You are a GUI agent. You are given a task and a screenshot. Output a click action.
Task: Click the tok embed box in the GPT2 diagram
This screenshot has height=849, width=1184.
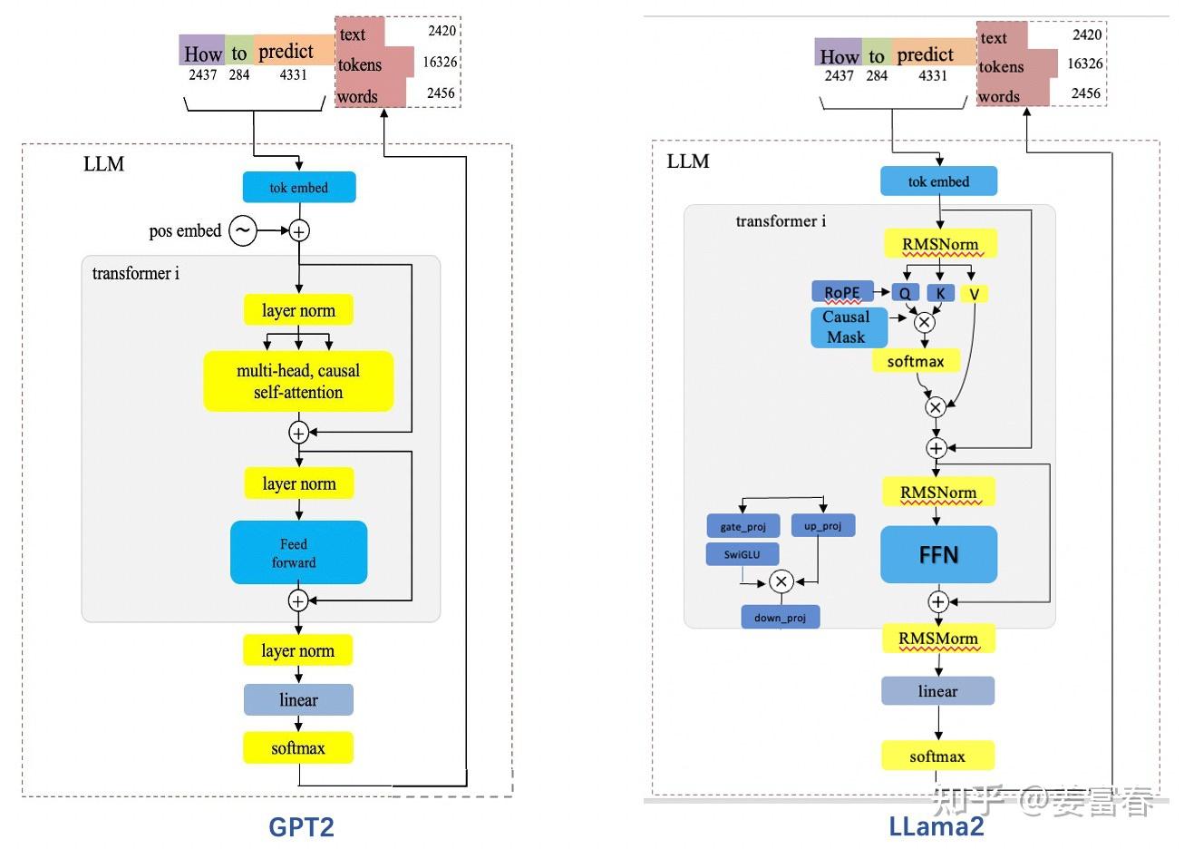pos(299,187)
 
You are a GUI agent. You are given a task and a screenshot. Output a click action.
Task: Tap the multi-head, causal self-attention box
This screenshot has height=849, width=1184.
pos(298,381)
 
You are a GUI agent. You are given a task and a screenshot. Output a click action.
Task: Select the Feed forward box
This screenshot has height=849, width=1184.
pos(298,552)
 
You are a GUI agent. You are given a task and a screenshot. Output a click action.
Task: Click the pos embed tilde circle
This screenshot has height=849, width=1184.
pos(243,230)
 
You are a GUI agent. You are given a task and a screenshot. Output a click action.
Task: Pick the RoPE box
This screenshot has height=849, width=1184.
pos(842,292)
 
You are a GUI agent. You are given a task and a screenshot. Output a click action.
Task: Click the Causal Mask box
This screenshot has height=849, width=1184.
pos(849,327)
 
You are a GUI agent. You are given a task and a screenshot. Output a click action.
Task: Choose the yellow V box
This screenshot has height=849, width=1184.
pos(975,294)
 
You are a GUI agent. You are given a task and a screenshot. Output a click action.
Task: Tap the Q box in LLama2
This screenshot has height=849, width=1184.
pos(906,292)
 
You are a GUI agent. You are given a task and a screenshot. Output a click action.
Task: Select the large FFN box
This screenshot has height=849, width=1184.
pos(938,555)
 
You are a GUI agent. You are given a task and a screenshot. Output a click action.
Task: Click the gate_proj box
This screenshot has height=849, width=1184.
pos(743,526)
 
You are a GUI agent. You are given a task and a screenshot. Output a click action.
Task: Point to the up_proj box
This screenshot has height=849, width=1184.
pos(823,526)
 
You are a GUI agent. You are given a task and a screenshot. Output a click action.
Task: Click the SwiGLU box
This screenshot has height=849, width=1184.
pos(742,554)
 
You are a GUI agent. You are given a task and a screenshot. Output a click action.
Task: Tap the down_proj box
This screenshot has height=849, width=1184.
pos(781,618)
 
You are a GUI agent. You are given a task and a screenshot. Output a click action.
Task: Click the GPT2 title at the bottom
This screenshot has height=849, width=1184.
pos(301,827)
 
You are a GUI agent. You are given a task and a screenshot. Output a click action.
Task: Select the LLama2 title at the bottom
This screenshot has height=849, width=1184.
pos(937,826)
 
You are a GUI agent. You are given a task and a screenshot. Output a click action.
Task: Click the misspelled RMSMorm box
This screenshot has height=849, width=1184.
pos(938,639)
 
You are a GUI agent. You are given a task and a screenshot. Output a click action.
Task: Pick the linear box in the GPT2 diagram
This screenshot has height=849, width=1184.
pos(298,700)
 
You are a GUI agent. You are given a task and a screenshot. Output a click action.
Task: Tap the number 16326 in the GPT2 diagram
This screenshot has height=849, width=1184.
pos(440,62)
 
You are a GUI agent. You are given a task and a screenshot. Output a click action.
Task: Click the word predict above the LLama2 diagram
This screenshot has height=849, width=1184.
pos(925,54)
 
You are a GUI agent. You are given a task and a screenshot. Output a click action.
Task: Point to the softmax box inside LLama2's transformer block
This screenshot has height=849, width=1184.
pos(916,361)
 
